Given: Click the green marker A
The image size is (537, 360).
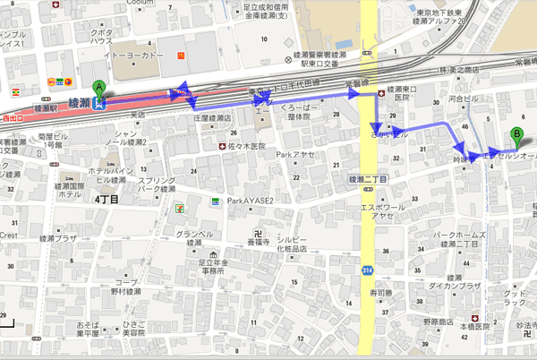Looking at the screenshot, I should pyautogui.click(x=98, y=89).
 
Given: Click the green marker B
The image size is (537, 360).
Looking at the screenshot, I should pyautogui.click(x=516, y=137).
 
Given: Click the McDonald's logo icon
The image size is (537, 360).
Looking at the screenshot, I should pyautogui.click(x=182, y=56).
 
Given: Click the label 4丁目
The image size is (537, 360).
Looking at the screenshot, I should pyautogui.click(x=107, y=199).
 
